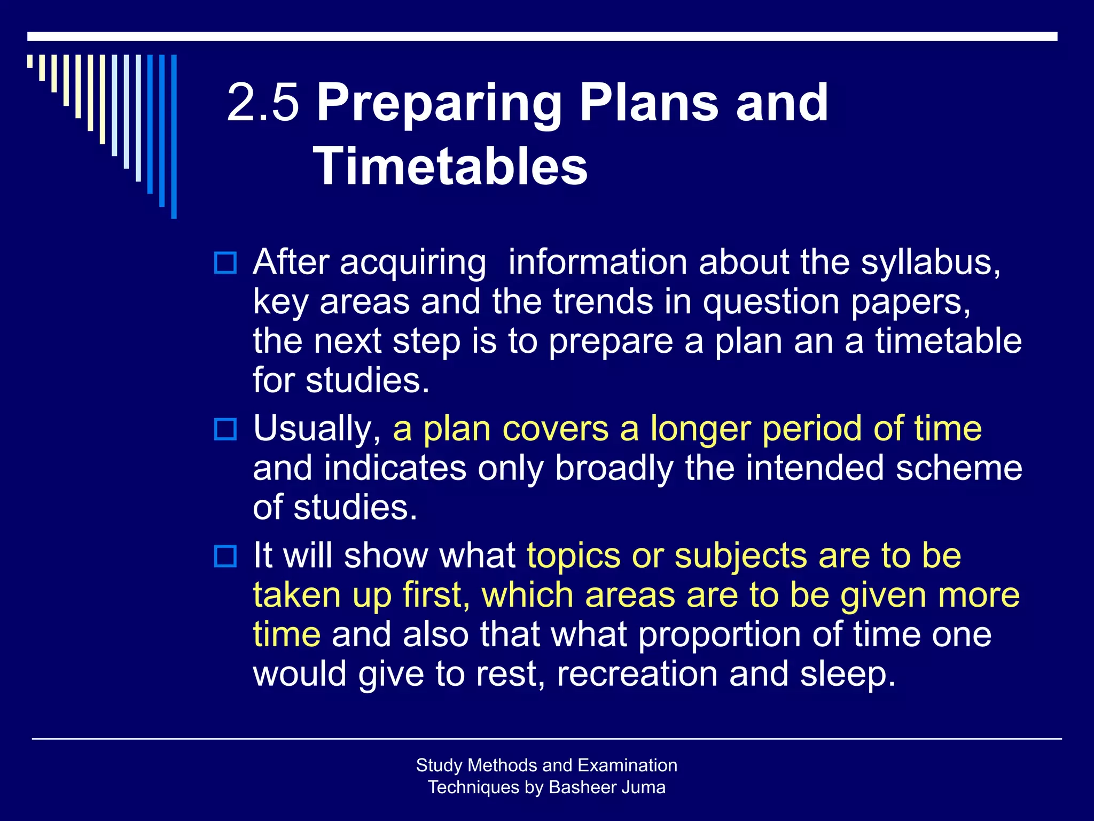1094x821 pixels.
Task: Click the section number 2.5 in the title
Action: click(x=262, y=103)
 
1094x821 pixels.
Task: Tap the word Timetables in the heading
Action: click(x=450, y=166)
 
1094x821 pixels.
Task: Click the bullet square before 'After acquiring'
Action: click(x=225, y=263)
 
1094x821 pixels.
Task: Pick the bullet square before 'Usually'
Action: click(x=225, y=429)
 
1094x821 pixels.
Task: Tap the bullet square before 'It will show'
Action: click(x=225, y=556)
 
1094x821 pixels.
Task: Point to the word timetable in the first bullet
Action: click(x=948, y=341)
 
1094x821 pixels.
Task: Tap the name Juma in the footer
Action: click(x=646, y=787)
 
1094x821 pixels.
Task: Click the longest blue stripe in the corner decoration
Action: click(x=174, y=136)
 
